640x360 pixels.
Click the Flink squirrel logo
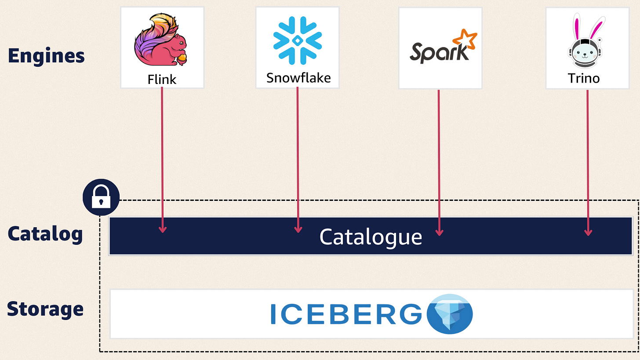161,40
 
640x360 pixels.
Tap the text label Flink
162,79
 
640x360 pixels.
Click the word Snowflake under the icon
298,78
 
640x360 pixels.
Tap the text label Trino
583,78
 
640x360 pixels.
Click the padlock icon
101,198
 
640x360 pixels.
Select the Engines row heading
46,56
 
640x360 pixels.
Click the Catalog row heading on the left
45,234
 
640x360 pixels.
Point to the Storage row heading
45,309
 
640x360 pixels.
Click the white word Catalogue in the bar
371,237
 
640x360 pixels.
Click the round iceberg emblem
450,314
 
